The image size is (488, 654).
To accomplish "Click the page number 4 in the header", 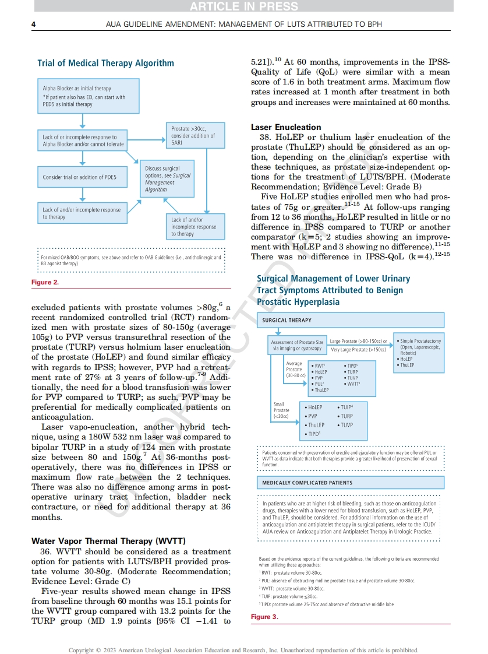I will [x=33, y=24].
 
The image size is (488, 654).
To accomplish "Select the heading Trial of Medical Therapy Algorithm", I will [x=105, y=63].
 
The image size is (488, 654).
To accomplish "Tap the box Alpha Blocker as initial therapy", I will [x=89, y=96].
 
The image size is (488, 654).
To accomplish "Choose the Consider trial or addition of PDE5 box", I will [x=83, y=177].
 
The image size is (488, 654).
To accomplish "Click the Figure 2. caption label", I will [x=45, y=282].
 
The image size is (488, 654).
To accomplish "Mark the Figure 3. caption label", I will [x=264, y=617].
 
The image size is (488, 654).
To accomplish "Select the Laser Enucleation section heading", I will [x=286, y=127].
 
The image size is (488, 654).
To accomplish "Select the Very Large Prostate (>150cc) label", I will [x=358, y=350].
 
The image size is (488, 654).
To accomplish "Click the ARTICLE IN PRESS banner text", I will [x=243, y=6].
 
